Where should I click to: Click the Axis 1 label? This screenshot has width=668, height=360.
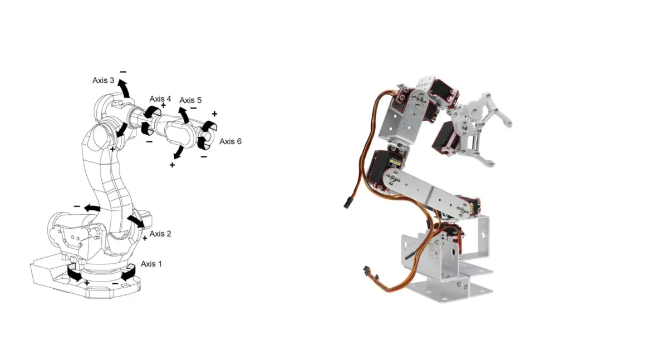(151, 264)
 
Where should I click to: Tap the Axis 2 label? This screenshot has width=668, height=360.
(160, 234)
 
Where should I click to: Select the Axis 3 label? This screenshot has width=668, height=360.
(103, 81)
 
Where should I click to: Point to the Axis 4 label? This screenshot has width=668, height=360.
(160, 99)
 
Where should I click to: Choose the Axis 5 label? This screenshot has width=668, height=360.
(190, 100)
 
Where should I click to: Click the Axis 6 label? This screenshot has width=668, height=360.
(230, 141)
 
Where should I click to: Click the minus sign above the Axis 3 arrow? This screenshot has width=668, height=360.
(123, 72)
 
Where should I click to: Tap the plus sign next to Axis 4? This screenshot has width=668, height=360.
(163, 105)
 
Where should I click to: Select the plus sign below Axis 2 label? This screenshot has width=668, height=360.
(145, 238)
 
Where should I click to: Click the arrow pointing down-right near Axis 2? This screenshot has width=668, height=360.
(136, 221)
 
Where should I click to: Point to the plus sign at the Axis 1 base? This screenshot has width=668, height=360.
(87, 283)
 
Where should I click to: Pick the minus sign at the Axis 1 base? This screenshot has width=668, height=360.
(115, 283)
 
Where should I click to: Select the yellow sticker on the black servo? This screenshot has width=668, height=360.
(395, 162)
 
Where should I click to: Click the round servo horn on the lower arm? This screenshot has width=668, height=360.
(394, 179)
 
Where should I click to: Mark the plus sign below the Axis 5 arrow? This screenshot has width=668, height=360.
(172, 165)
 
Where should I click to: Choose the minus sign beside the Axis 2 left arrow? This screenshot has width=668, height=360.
(77, 206)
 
